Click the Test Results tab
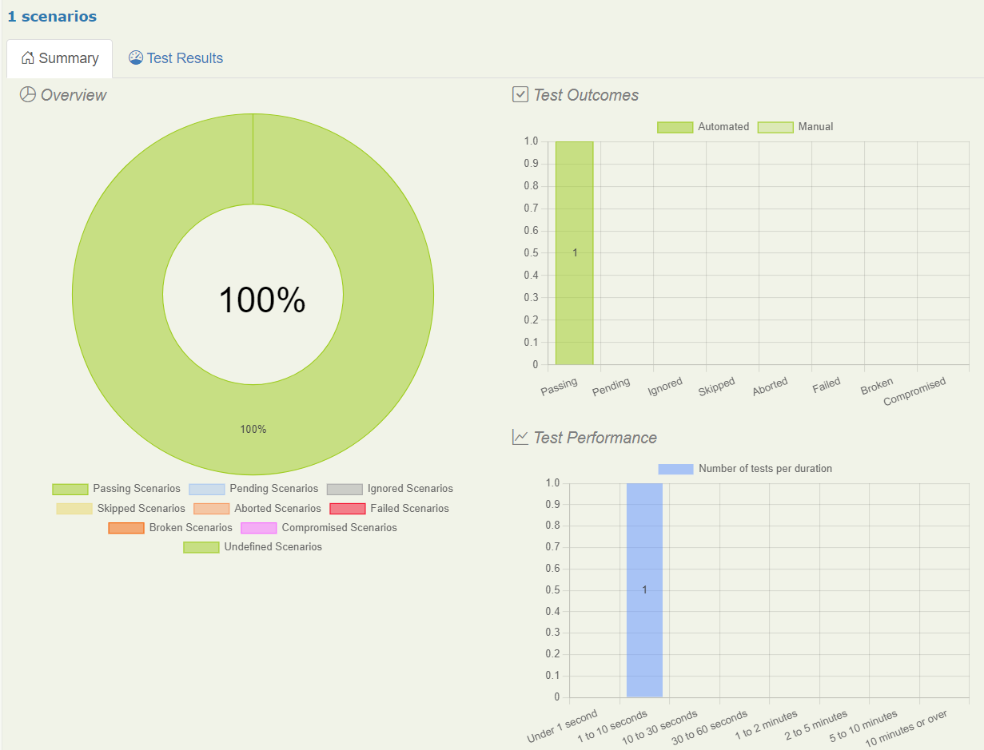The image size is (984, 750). click(x=176, y=58)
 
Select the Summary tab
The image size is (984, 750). click(x=60, y=58)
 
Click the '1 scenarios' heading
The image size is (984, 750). click(x=52, y=16)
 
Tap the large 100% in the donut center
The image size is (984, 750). click(x=261, y=300)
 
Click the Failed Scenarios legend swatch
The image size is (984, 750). click(x=347, y=509)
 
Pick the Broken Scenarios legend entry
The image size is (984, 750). click(x=170, y=528)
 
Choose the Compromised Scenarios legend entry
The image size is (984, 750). click(x=319, y=528)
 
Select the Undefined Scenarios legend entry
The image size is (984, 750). click(x=253, y=547)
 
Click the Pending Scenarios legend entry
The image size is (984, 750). click(x=253, y=489)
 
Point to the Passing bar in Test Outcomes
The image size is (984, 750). click(x=574, y=252)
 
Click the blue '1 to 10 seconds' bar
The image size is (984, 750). click(x=644, y=589)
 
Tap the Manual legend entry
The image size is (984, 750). click(x=795, y=127)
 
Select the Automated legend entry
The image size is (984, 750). click(x=703, y=127)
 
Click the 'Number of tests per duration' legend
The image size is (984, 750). click(x=745, y=469)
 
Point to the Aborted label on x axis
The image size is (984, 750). click(x=770, y=387)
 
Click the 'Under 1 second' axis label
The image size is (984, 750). click(x=562, y=726)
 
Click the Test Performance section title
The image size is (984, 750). click(x=595, y=438)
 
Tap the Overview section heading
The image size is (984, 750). click(x=73, y=95)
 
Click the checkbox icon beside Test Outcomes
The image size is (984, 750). click(x=520, y=95)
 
